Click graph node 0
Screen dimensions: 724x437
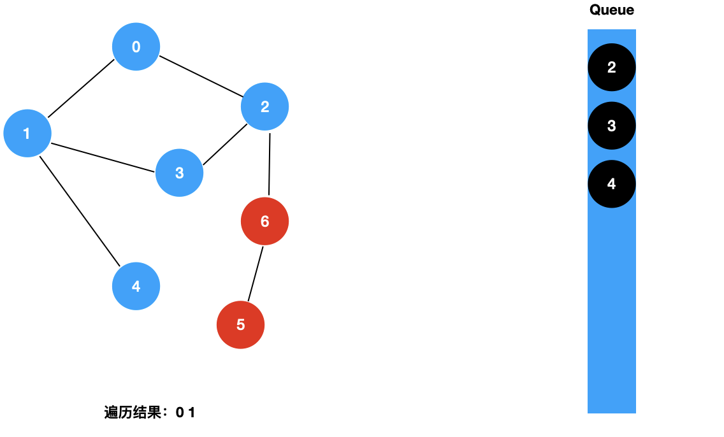click(x=136, y=47)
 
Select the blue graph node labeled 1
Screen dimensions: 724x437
click(x=27, y=133)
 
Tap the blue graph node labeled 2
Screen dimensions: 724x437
click(x=264, y=107)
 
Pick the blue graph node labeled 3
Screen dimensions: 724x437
click(x=179, y=173)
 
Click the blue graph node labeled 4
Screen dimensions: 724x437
click(x=136, y=286)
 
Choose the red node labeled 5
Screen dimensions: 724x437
click(x=240, y=324)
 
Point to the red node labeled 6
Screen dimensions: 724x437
click(x=264, y=221)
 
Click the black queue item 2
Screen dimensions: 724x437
click(x=611, y=68)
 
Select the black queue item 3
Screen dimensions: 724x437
click(x=611, y=125)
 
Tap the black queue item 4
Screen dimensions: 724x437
click(x=611, y=184)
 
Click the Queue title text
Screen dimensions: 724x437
click(x=611, y=10)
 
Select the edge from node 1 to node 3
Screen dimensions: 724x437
click(x=103, y=157)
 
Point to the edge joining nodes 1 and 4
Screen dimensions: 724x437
click(x=80, y=210)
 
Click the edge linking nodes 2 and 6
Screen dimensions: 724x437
click(x=269, y=164)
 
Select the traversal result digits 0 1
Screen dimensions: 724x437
click(x=185, y=413)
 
